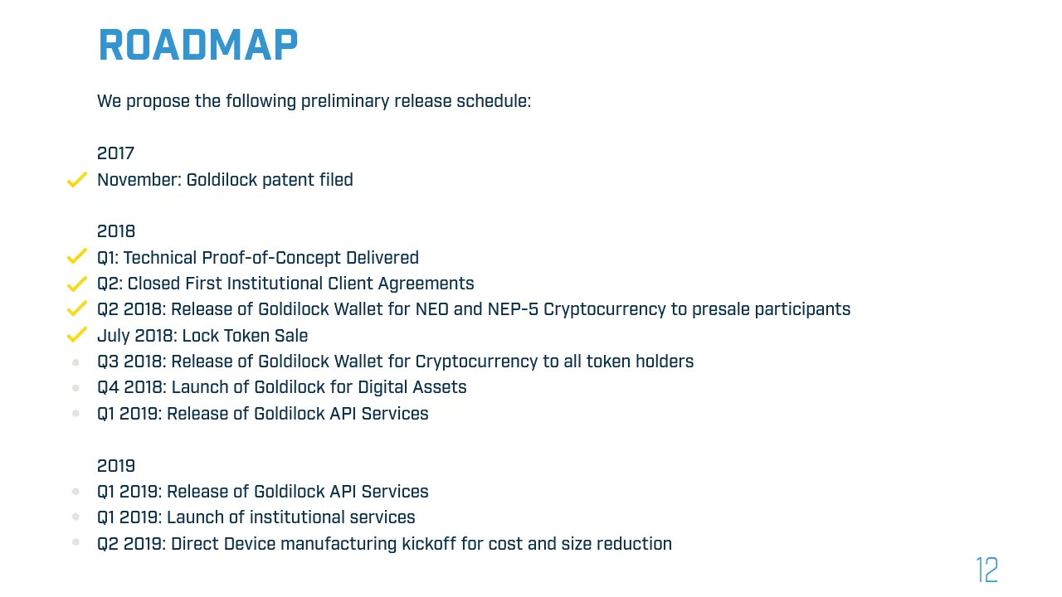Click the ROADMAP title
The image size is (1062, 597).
click(x=198, y=45)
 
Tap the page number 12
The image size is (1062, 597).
click(x=987, y=570)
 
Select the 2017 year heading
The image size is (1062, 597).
click(x=115, y=153)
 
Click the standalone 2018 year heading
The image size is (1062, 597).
click(x=116, y=231)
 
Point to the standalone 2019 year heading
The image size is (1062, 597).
click(x=116, y=466)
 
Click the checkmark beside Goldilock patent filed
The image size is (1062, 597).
click(x=77, y=180)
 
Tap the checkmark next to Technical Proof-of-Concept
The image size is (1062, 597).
click(x=77, y=256)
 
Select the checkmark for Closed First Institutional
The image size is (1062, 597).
click(x=77, y=284)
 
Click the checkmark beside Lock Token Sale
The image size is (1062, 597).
click(x=77, y=334)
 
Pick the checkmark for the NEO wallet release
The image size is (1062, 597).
click(x=77, y=308)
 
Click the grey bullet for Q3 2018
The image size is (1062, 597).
click(x=76, y=363)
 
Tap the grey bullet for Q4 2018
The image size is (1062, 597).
click(x=76, y=389)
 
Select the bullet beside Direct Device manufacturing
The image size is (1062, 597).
click(x=76, y=542)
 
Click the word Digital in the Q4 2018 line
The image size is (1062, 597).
click(x=382, y=387)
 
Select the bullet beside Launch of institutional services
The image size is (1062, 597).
click(x=76, y=517)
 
